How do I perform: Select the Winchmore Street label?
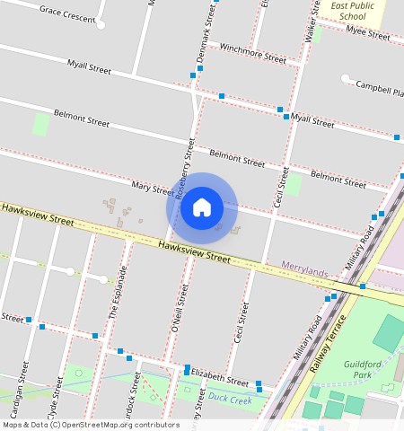pos(252,53)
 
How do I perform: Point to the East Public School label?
pos(347,11)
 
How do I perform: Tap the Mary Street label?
pos(152,188)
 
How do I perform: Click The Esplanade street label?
pos(116,293)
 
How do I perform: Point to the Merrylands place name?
pos(306,266)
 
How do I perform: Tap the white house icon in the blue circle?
pos(202,207)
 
